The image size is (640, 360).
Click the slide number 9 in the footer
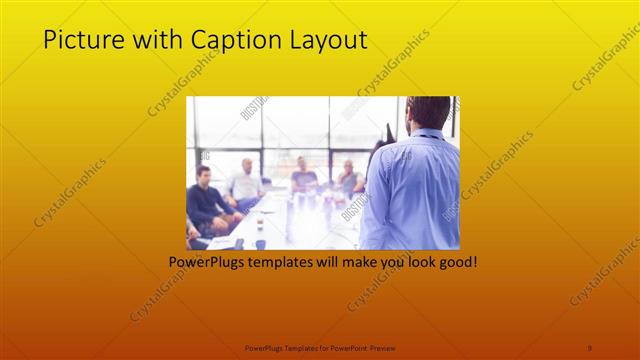(x=590, y=347)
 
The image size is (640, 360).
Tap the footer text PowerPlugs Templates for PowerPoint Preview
(x=320, y=347)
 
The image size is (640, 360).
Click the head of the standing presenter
(x=429, y=112)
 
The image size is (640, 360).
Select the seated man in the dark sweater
(x=205, y=200)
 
